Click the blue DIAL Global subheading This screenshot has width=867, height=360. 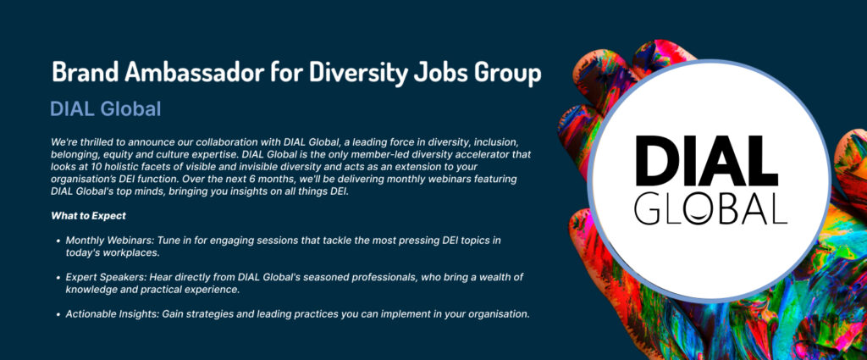[106, 109]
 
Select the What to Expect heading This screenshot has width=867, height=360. [88, 216]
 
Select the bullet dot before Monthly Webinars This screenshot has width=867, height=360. [58, 241]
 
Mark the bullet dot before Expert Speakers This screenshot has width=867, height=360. [58, 278]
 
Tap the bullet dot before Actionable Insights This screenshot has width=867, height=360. [58, 314]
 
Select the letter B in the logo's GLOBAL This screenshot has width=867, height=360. [726, 208]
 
